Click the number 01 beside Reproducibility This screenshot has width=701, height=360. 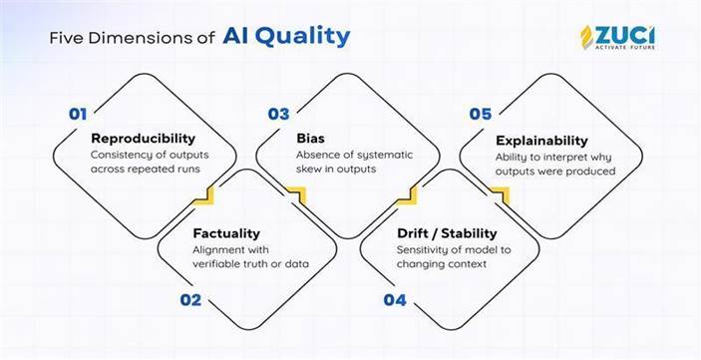[x=78, y=114]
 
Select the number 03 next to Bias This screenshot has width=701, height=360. [x=278, y=114]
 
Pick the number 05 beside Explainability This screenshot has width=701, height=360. [x=481, y=114]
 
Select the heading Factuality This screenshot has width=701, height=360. [x=227, y=233]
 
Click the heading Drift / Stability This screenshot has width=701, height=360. [x=442, y=233]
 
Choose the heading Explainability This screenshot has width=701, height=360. [x=542, y=141]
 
